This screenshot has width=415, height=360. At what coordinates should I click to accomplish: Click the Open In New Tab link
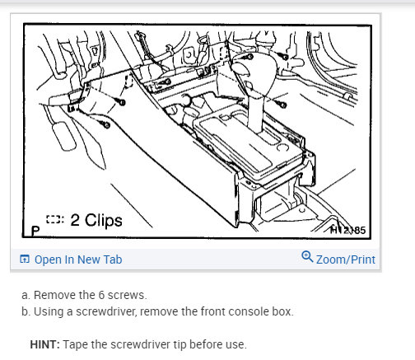[77, 259]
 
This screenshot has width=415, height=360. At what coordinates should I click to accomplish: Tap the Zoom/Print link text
[345, 259]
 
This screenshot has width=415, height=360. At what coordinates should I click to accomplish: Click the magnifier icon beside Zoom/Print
[307, 258]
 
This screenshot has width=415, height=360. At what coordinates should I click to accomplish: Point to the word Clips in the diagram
[103, 220]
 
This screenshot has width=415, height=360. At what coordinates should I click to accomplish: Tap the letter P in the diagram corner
[34, 230]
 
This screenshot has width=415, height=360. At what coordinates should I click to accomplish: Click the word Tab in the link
[111, 259]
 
